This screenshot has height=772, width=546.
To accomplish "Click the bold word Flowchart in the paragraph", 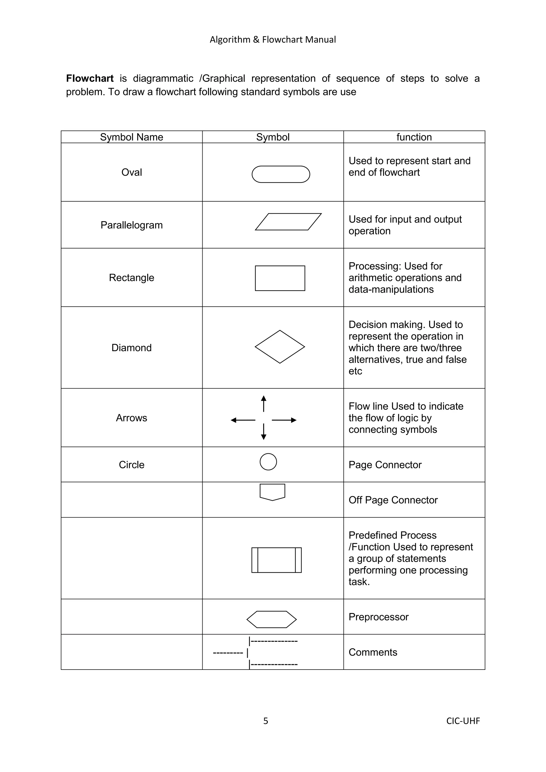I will click(x=90, y=78).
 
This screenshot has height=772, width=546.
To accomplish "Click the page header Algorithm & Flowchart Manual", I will click(x=273, y=40).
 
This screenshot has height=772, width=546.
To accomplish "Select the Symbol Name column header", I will click(x=131, y=137).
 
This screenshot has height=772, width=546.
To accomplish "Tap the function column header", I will click(x=414, y=137).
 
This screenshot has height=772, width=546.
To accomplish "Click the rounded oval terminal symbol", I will click(x=281, y=174).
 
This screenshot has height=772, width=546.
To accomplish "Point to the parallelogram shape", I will click(x=288, y=222).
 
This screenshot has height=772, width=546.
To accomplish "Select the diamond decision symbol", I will click(x=280, y=347).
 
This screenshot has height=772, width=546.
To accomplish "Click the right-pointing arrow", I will click(x=284, y=420).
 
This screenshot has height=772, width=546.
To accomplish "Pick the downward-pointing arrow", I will click(x=264, y=432).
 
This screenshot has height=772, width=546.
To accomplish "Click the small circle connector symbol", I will click(x=268, y=462).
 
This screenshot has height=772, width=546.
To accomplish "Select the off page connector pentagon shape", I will click(x=272, y=492).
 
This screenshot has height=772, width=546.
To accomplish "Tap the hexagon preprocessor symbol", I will click(x=272, y=619).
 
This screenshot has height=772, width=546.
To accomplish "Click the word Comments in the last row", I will click(x=372, y=652).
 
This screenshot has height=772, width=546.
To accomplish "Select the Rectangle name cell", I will click(x=131, y=277).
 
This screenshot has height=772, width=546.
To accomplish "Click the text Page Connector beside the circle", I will click(x=385, y=465).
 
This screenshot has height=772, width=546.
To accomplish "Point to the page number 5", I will click(x=266, y=721).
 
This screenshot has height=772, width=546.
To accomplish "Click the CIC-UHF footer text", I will click(x=463, y=721).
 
